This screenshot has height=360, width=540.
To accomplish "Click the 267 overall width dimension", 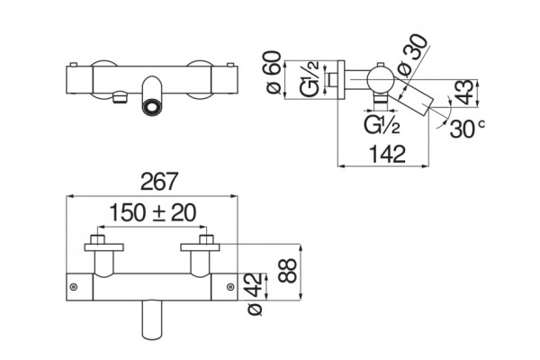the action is (x=159, y=181).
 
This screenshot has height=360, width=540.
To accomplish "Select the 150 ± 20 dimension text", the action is (x=153, y=213).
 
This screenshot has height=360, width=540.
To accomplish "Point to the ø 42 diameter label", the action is (x=256, y=294).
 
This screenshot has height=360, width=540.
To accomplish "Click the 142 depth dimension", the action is (x=387, y=154).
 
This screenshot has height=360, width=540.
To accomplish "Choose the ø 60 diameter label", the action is (x=274, y=72).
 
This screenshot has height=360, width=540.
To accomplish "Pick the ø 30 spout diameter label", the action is (x=412, y=56).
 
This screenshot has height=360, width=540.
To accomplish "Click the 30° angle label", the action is (x=467, y=128).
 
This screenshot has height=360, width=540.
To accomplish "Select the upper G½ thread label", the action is (x=310, y=79).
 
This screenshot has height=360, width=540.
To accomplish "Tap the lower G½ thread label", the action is (x=382, y=125).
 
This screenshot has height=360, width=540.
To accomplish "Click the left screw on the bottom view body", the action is (x=74, y=287).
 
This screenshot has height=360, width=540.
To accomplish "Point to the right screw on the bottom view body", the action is (x=230, y=286).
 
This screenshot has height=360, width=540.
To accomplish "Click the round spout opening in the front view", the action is (x=151, y=106).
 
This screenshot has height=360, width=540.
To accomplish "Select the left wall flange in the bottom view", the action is (x=104, y=247).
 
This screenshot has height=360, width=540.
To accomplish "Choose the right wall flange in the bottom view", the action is (x=200, y=247).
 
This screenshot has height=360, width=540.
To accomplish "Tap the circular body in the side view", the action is (x=381, y=80).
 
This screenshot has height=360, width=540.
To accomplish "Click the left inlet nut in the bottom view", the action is (x=97, y=239).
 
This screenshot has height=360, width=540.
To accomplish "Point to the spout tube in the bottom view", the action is (x=151, y=319).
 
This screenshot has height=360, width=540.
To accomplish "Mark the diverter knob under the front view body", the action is (x=120, y=97).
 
